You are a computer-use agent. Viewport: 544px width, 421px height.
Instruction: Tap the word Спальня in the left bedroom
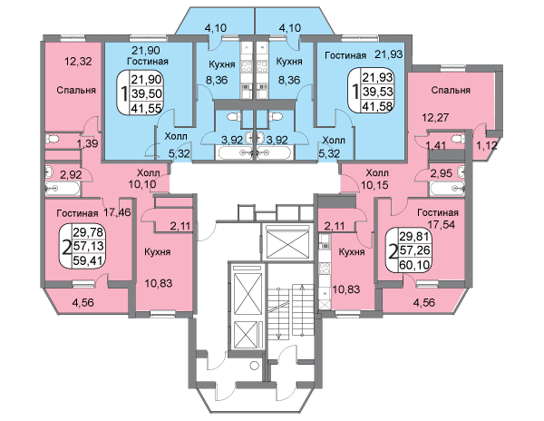tap(72, 91)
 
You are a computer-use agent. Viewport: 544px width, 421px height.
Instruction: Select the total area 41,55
tap(147, 107)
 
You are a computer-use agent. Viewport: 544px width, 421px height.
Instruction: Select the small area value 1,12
tap(487, 144)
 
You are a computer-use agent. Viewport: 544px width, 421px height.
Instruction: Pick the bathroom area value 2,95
tap(442, 172)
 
